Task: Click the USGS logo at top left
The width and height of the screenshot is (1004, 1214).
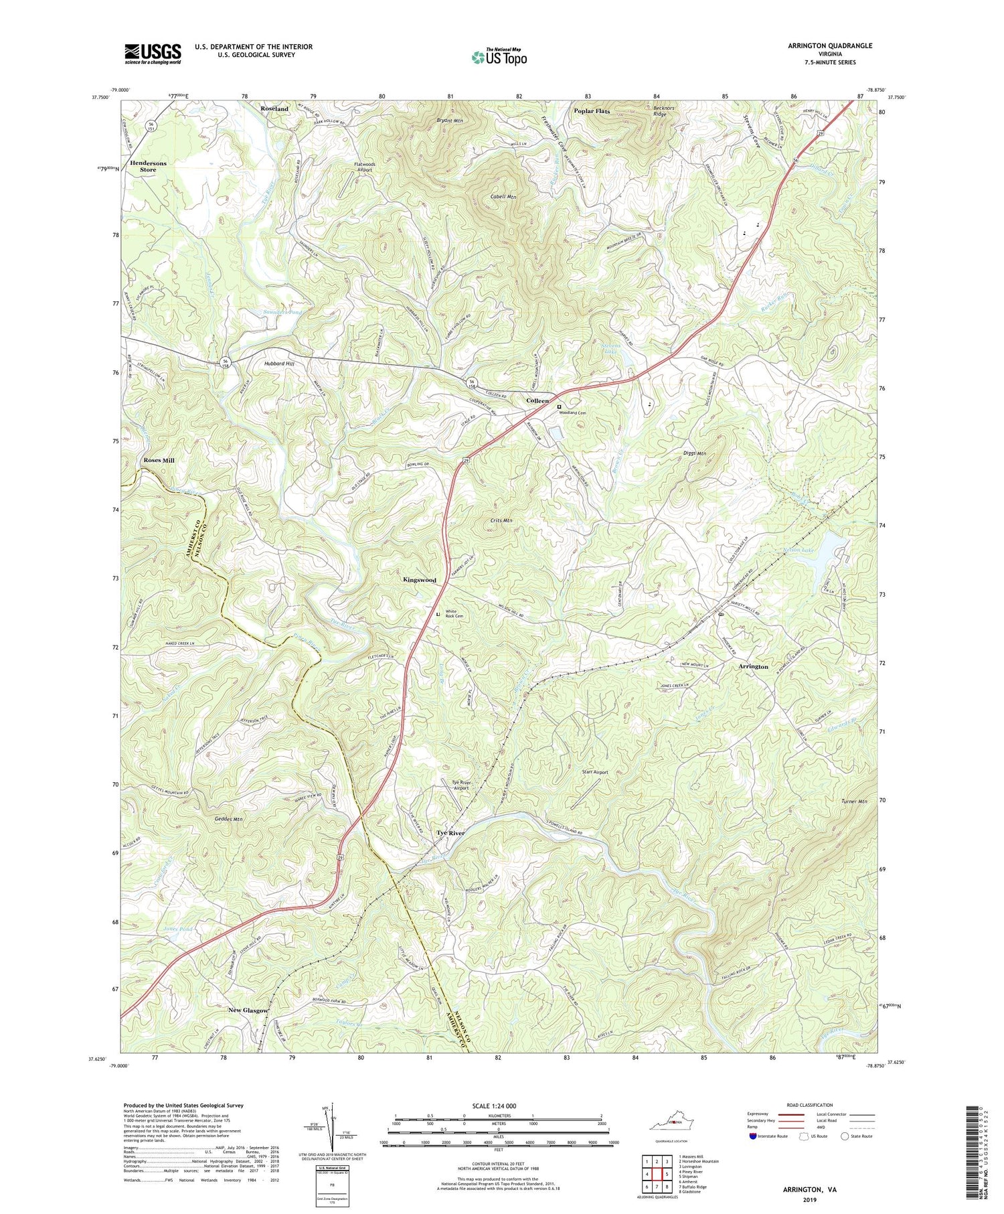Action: [153, 54]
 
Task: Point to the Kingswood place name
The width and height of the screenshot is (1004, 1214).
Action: [419, 580]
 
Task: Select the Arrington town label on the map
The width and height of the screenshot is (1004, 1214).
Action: [753, 667]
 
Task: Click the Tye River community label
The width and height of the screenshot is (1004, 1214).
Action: [450, 833]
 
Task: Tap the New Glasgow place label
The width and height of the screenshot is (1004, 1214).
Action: [248, 1010]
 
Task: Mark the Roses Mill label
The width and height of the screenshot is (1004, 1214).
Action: [159, 461]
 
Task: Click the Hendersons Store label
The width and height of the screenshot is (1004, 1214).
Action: [148, 166]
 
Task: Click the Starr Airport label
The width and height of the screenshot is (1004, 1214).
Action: [594, 772]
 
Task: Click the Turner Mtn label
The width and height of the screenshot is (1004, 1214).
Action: [854, 802]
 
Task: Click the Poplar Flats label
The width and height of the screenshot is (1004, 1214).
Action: [592, 111]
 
